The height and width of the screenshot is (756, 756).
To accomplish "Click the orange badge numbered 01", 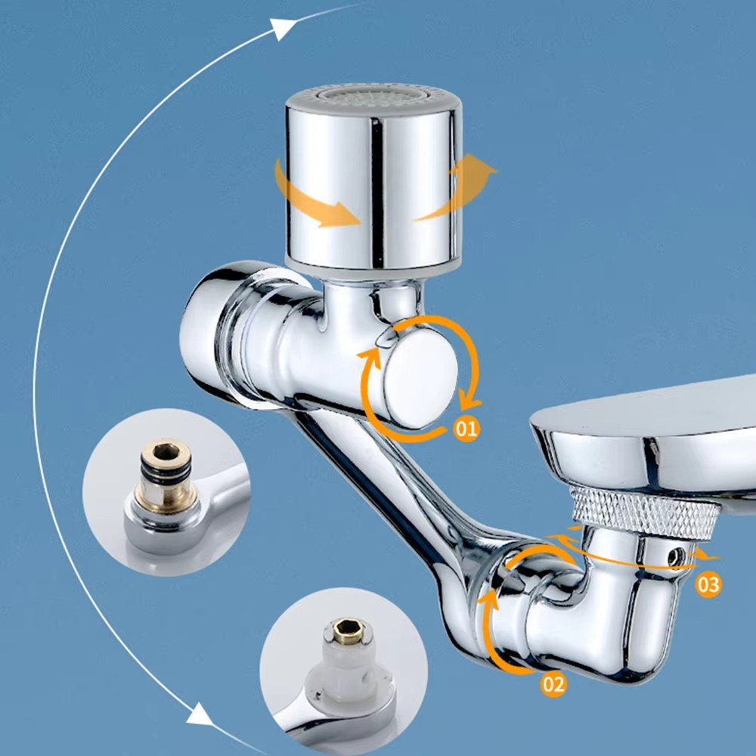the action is click(466, 428).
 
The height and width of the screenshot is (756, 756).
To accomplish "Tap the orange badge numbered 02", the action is click(553, 684).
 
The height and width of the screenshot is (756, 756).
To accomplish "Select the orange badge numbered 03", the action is click(708, 584).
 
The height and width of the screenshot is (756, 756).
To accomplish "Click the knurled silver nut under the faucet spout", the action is click(643, 513).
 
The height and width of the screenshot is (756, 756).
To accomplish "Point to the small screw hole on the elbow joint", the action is click(675, 557).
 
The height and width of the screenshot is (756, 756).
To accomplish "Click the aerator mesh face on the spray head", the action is click(373, 94).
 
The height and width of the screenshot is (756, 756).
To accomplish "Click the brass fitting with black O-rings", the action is click(166, 475).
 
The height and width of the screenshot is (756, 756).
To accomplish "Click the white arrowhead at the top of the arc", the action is click(282, 29).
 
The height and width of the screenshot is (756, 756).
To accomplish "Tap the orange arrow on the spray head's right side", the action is click(458, 186).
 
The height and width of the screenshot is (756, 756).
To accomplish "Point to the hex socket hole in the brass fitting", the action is click(166, 452).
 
